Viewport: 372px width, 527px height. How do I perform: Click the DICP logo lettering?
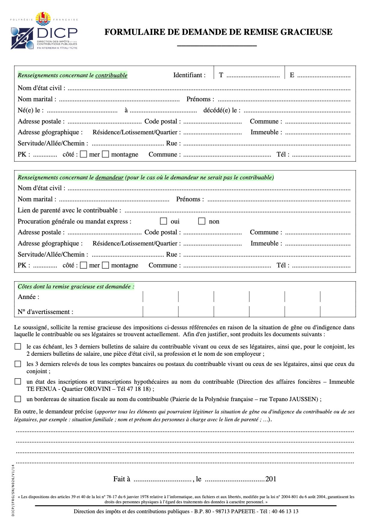[x=57, y=32]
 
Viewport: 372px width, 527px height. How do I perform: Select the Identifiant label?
[x=189, y=75]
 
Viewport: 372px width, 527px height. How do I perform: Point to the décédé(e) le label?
[x=222, y=110]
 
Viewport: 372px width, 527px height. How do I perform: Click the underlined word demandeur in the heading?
[x=109, y=178]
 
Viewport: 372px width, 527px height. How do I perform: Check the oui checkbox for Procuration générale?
[x=163, y=221]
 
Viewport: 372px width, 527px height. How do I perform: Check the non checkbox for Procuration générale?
[x=202, y=221]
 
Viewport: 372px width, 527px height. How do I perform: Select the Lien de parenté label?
[x=69, y=210]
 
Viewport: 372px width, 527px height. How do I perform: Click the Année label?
[x=29, y=297]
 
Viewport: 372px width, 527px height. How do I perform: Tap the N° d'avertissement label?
[x=45, y=312]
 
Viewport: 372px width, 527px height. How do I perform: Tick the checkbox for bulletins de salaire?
[x=18, y=347]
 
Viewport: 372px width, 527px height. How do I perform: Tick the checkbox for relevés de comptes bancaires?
[x=18, y=364]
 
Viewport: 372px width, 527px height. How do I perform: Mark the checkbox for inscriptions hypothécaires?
[x=18, y=382]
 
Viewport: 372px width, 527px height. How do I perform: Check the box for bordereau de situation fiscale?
[x=18, y=399]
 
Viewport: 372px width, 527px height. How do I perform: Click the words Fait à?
[x=122, y=479]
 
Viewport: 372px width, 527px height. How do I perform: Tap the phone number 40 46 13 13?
[x=285, y=511]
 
